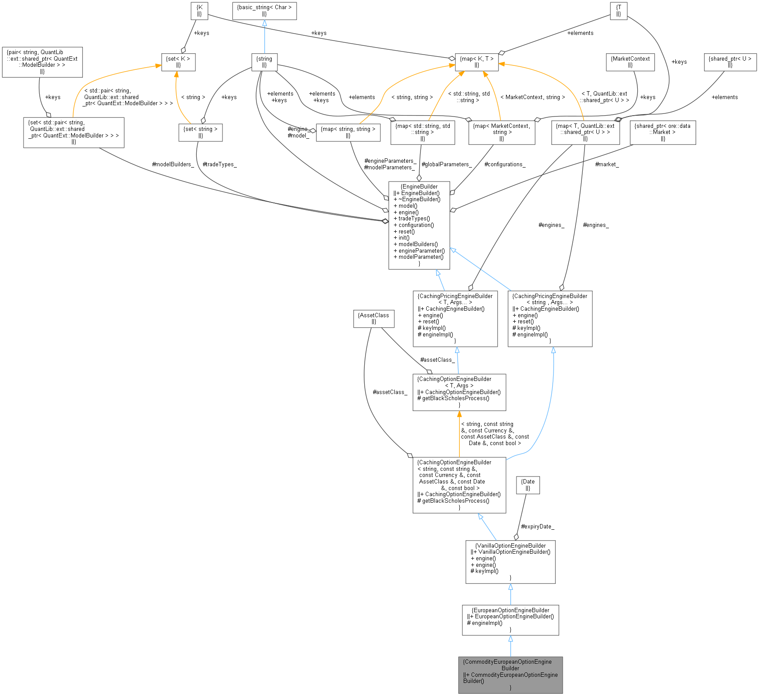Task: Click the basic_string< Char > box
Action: click(x=264, y=10)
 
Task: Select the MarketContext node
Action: click(x=630, y=62)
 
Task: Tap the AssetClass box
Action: click(x=373, y=319)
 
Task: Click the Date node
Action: click(x=528, y=485)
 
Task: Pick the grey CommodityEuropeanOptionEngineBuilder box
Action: click(x=510, y=675)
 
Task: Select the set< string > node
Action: click(x=200, y=132)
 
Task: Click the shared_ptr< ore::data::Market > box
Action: click(x=662, y=132)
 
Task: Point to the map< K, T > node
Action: click(x=476, y=62)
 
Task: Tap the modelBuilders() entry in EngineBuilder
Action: click(x=417, y=244)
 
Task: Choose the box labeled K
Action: click(x=199, y=10)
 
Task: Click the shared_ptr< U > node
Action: click(x=730, y=62)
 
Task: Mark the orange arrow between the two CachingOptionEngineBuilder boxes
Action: click(x=459, y=434)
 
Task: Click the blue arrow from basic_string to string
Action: click(x=264, y=37)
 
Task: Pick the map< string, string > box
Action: click(x=348, y=132)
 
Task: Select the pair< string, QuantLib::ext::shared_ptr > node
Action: click(x=42, y=62)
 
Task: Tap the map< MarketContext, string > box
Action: click(x=501, y=132)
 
